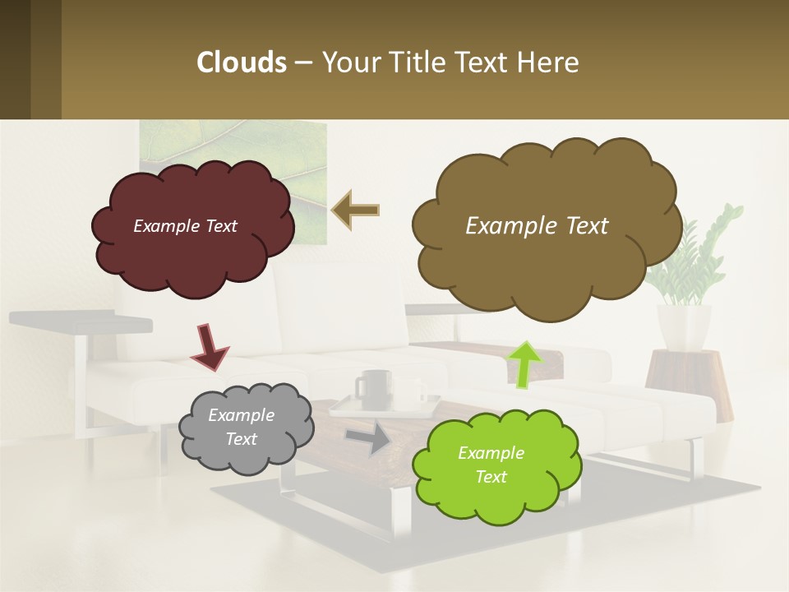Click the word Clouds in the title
click(241, 62)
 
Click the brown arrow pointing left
click(356, 210)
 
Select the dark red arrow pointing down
click(210, 345)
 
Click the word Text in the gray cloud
click(241, 439)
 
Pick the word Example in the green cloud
click(491, 453)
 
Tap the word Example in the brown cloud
click(502, 226)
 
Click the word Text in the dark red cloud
click(220, 226)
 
